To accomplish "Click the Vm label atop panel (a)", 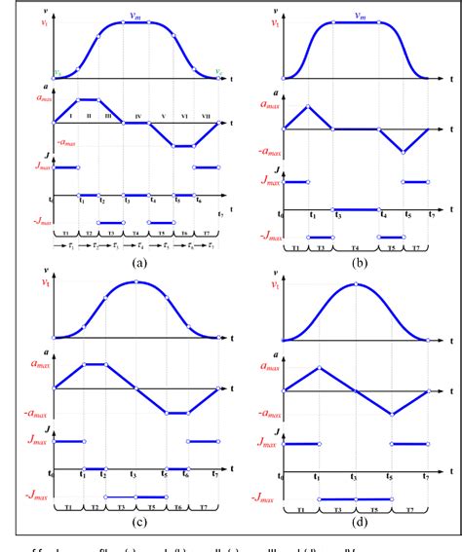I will tap(136, 13).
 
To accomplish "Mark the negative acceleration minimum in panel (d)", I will tap(392, 415).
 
